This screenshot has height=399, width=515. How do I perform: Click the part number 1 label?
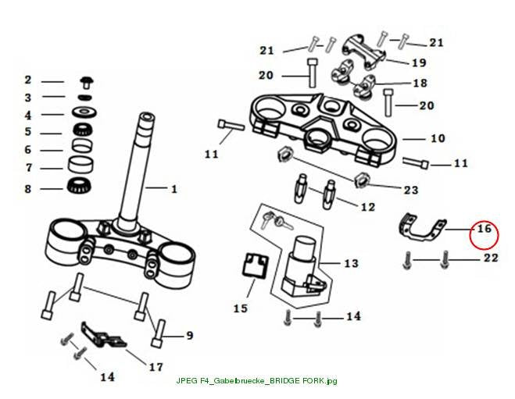point(174,189)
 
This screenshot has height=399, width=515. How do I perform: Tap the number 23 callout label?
point(410,190)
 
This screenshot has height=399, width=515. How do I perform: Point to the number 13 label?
point(351,263)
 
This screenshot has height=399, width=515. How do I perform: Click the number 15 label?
point(241,308)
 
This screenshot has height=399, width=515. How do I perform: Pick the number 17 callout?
point(156,367)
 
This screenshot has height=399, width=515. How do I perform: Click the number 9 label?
point(190,336)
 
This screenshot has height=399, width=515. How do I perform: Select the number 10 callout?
point(438,138)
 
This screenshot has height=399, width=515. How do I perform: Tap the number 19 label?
point(419,62)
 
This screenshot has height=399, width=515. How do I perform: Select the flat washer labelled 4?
point(84,112)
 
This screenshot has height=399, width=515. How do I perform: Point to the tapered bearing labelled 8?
point(80,186)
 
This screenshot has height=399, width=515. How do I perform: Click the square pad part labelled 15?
point(256,265)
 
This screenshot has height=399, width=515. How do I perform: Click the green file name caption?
point(256,381)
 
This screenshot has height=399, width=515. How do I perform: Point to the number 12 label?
point(368,207)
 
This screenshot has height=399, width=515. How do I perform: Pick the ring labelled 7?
point(80,165)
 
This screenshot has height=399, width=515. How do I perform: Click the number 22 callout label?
point(491,258)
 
